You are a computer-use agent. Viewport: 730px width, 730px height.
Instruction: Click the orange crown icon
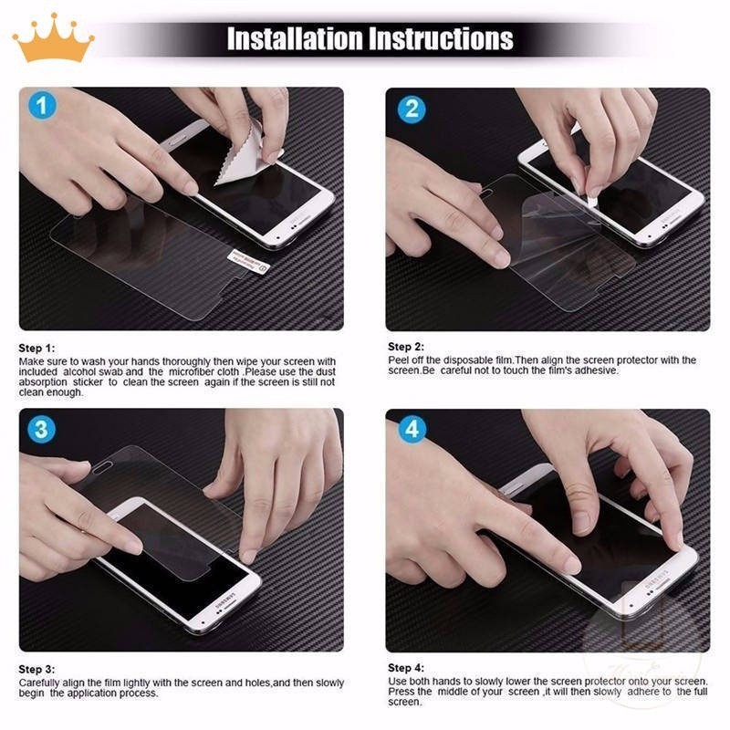(53, 38)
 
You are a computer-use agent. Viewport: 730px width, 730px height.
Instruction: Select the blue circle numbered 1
(42, 105)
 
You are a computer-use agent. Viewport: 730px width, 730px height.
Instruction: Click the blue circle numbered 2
(412, 109)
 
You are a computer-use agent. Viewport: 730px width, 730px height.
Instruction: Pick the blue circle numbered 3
(41, 429)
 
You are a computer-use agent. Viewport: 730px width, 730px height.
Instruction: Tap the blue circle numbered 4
(412, 429)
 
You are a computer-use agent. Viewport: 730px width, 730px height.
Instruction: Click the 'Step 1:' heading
(36, 349)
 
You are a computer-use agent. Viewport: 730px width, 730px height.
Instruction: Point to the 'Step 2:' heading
(406, 347)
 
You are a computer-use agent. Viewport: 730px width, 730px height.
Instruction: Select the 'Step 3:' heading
(36, 670)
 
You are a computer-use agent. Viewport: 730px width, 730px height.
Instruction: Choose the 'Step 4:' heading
(406, 668)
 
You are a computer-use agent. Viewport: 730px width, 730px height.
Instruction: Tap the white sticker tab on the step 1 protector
(248, 262)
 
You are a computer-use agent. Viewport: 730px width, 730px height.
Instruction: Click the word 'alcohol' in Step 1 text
(79, 372)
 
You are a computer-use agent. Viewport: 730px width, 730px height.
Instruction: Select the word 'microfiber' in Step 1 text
(192, 372)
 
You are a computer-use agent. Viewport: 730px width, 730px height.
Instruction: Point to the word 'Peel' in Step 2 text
(399, 360)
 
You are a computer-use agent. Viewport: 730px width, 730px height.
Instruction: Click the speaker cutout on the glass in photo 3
(103, 468)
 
